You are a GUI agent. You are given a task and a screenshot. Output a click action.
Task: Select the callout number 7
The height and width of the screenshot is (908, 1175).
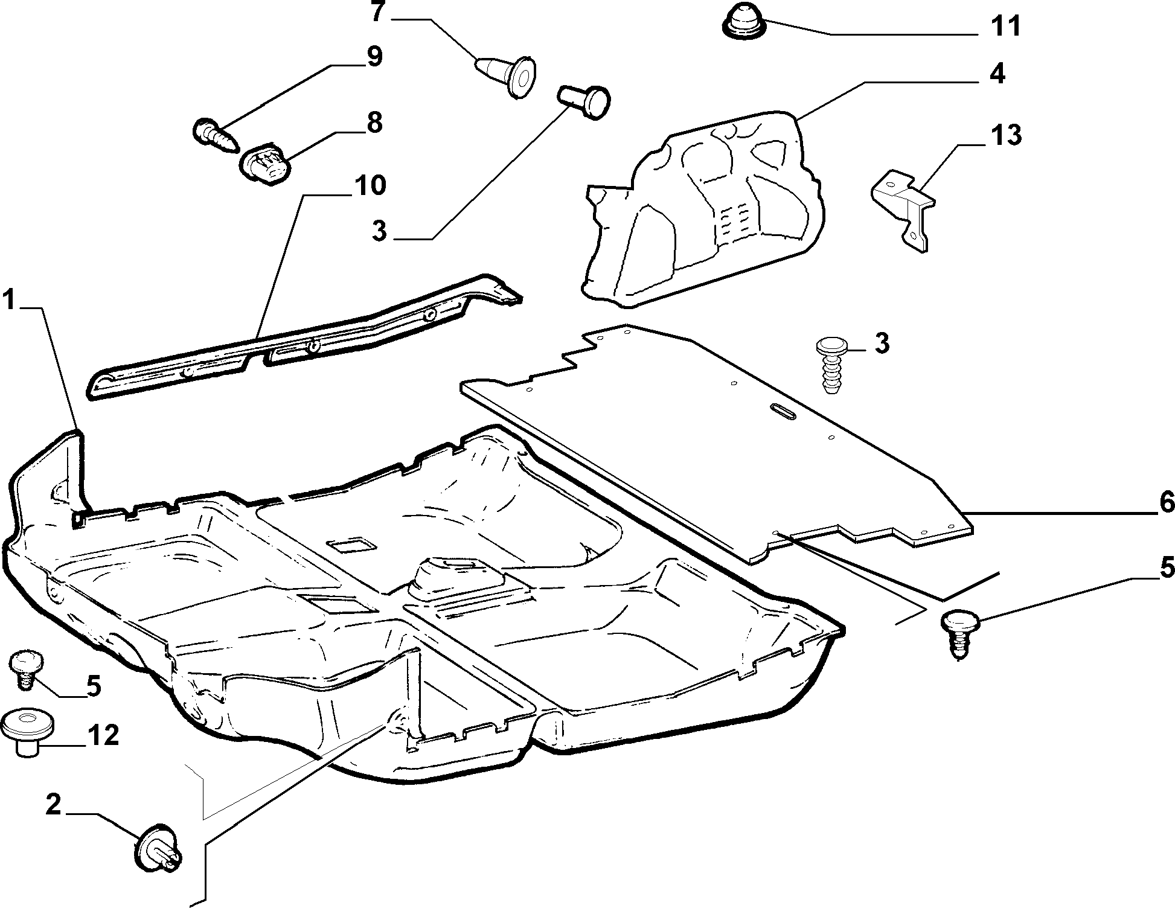click(x=377, y=11)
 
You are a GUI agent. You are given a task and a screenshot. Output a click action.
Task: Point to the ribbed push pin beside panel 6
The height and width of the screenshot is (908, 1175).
click(x=831, y=366)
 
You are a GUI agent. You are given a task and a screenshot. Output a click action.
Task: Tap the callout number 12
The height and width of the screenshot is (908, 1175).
click(x=103, y=736)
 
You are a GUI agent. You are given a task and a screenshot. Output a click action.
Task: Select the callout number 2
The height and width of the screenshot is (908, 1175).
click(x=54, y=805)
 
